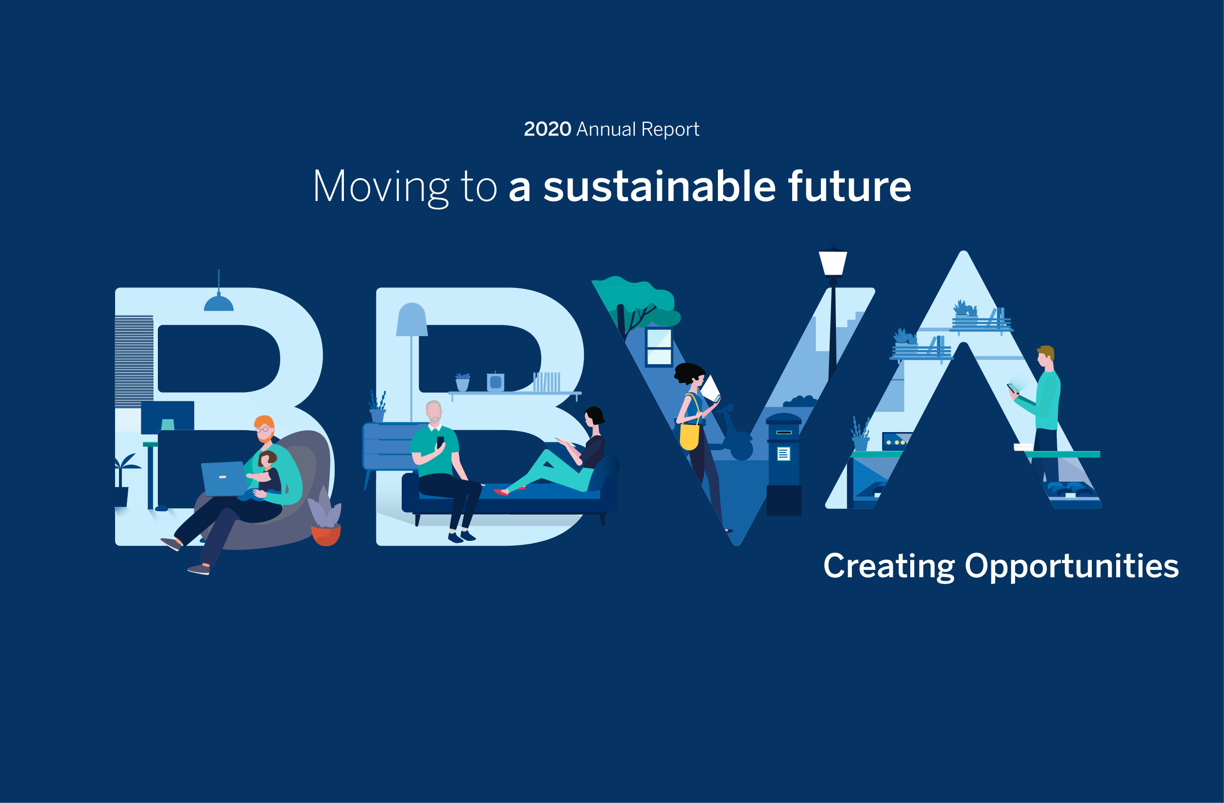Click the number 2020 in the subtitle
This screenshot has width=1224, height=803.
547,129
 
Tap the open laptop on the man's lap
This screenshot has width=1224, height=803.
224,479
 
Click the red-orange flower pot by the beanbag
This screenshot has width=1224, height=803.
326,535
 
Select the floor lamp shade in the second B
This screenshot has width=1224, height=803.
411,319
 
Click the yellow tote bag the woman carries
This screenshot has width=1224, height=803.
689,436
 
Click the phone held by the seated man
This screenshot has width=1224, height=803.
440,442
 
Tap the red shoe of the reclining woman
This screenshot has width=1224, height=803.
501,492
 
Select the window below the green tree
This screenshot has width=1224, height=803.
659,347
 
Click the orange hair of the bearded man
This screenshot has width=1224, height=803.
264,422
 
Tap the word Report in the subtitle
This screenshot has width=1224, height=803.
670,130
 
